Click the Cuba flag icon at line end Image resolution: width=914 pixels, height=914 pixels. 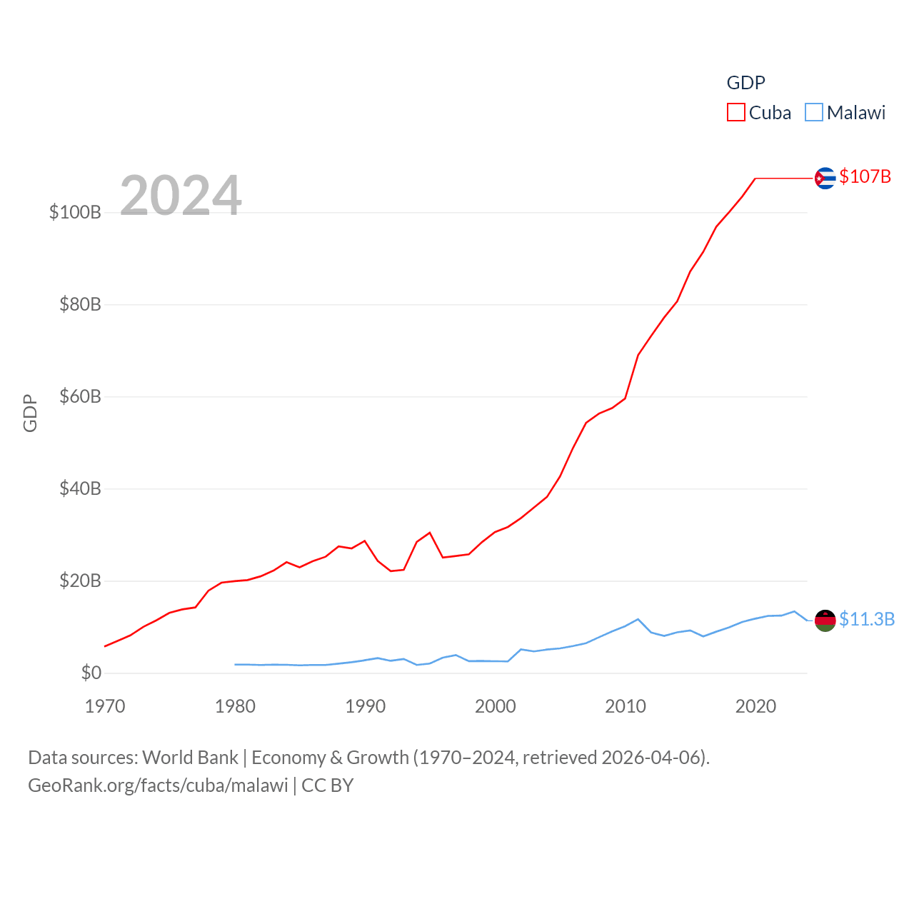pyautogui.click(x=825, y=178)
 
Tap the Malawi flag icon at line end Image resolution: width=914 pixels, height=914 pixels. pyautogui.click(x=825, y=621)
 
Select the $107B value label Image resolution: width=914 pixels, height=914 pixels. pyautogui.click(x=865, y=176)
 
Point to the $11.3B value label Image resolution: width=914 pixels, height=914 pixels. pyautogui.click(x=866, y=619)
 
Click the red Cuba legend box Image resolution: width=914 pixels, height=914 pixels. pyautogui.click(x=735, y=112)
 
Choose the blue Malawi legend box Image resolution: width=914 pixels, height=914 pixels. pyautogui.click(x=813, y=112)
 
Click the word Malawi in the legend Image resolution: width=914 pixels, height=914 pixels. pyautogui.click(x=855, y=113)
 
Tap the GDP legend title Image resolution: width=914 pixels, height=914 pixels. pyautogui.click(x=745, y=83)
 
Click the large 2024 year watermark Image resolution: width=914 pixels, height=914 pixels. pyautogui.click(x=181, y=195)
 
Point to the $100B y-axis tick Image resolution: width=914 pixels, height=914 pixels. pyautogui.click(x=75, y=212)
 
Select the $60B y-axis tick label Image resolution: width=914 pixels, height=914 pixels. pyautogui.click(x=80, y=396)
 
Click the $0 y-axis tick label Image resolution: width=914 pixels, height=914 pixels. pyautogui.click(x=91, y=673)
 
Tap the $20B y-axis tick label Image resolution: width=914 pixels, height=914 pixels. pyautogui.click(x=80, y=581)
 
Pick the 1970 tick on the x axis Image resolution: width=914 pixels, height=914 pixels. pyautogui.click(x=105, y=706)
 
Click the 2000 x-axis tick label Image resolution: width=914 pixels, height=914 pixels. pyautogui.click(x=496, y=706)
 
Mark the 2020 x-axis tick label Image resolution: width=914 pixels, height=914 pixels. pyautogui.click(x=755, y=706)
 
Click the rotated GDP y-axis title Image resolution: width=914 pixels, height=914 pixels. pyautogui.click(x=30, y=413)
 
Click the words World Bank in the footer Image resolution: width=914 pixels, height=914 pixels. pyautogui.click(x=190, y=757)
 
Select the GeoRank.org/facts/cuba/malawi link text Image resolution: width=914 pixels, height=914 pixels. pyautogui.click(x=158, y=785)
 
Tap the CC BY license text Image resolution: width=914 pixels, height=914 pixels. pyautogui.click(x=328, y=785)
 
